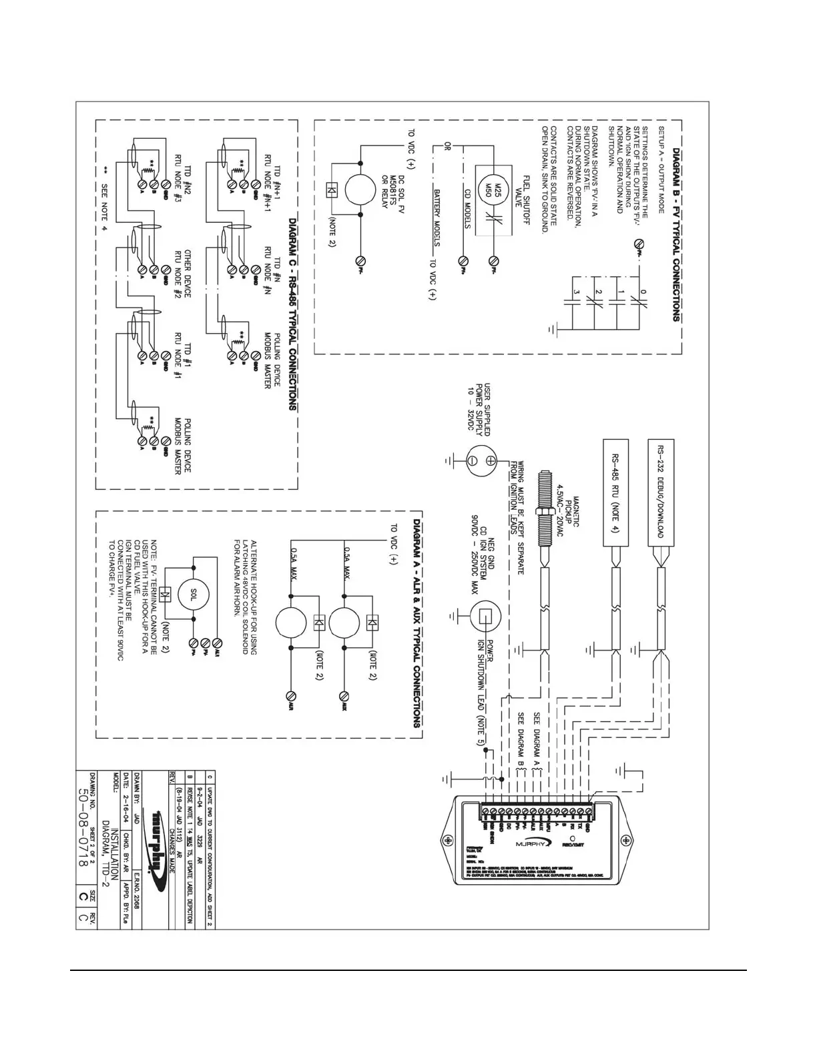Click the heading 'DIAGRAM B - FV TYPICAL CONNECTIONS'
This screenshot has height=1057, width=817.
(676, 226)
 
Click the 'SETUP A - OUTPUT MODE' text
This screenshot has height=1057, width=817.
(661, 169)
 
